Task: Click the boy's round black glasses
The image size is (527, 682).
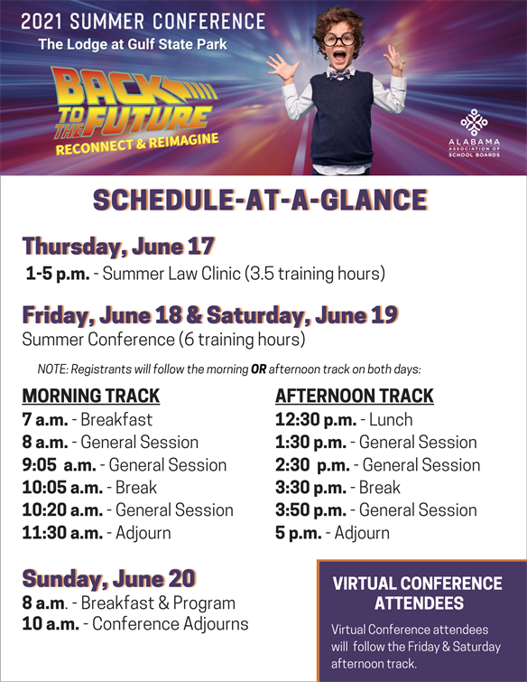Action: click(339, 39)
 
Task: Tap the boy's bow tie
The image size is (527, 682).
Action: click(339, 74)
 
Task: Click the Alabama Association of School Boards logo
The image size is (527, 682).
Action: click(474, 133)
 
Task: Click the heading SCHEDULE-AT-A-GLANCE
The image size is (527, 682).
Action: click(260, 200)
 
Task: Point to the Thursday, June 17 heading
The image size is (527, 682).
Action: click(118, 247)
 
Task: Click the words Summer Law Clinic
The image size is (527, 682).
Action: click(171, 274)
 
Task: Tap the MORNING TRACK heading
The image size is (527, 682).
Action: click(91, 396)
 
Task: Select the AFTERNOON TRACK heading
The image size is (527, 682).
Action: click(355, 396)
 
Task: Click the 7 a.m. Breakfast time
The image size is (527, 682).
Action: click(88, 420)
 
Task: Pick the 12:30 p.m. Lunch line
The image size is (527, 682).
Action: click(344, 420)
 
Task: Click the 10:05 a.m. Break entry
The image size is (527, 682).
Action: click(89, 488)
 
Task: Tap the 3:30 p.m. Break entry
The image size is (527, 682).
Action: click(338, 488)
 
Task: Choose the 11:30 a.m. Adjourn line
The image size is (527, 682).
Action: click(97, 533)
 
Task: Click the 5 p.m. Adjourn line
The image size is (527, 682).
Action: click(332, 533)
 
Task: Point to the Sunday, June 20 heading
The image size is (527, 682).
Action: click(109, 578)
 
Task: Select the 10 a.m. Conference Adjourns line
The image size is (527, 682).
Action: click(135, 623)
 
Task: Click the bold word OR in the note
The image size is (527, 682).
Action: click(258, 369)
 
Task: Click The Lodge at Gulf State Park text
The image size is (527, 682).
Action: click(133, 44)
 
